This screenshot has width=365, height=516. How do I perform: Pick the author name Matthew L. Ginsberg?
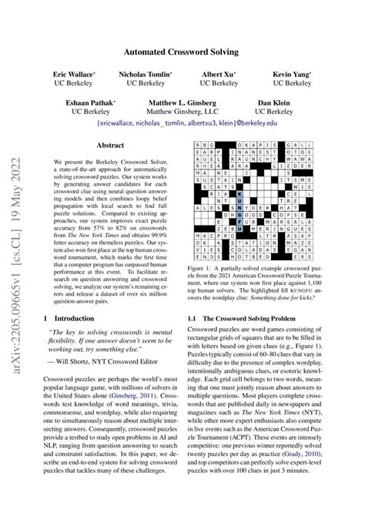(182, 102)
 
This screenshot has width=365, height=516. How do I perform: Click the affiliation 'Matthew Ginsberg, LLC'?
(182, 112)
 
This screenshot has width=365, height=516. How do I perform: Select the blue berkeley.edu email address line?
(182, 122)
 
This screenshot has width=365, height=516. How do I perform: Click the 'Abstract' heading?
(112, 145)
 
